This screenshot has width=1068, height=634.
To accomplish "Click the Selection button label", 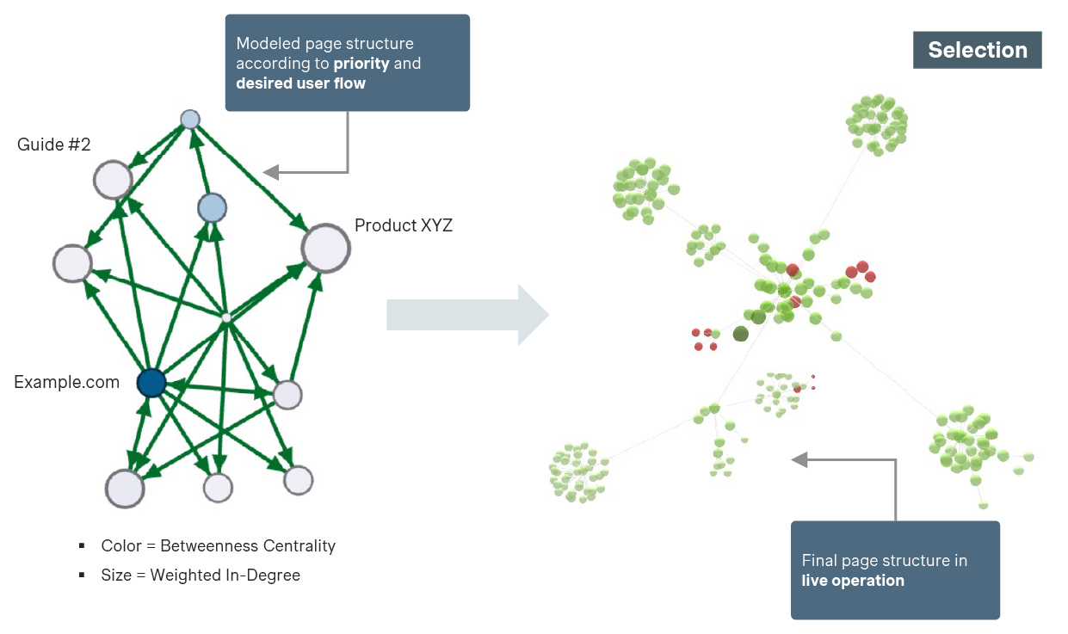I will click(977, 50).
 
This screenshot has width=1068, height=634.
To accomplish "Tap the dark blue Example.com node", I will click(151, 383).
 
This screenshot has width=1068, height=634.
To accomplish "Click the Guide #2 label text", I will click(53, 145).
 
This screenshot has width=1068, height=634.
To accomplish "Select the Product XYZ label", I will click(404, 225).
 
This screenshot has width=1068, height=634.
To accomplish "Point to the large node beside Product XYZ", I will click(325, 249).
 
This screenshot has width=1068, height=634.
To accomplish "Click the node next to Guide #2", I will click(113, 181).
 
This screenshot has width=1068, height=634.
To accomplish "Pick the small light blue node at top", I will click(190, 119).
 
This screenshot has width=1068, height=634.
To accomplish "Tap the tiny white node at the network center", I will click(225, 317).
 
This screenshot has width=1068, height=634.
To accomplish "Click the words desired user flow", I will click(300, 83).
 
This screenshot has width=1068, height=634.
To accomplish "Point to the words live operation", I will click(853, 581).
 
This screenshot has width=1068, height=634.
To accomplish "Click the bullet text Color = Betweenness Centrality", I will click(218, 546).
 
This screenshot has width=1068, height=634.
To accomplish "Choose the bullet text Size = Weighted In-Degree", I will click(201, 576).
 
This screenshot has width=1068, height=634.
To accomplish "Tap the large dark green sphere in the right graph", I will click(740, 334).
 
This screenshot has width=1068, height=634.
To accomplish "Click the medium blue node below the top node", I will click(211, 207).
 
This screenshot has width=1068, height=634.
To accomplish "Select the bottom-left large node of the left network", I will click(125, 488).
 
